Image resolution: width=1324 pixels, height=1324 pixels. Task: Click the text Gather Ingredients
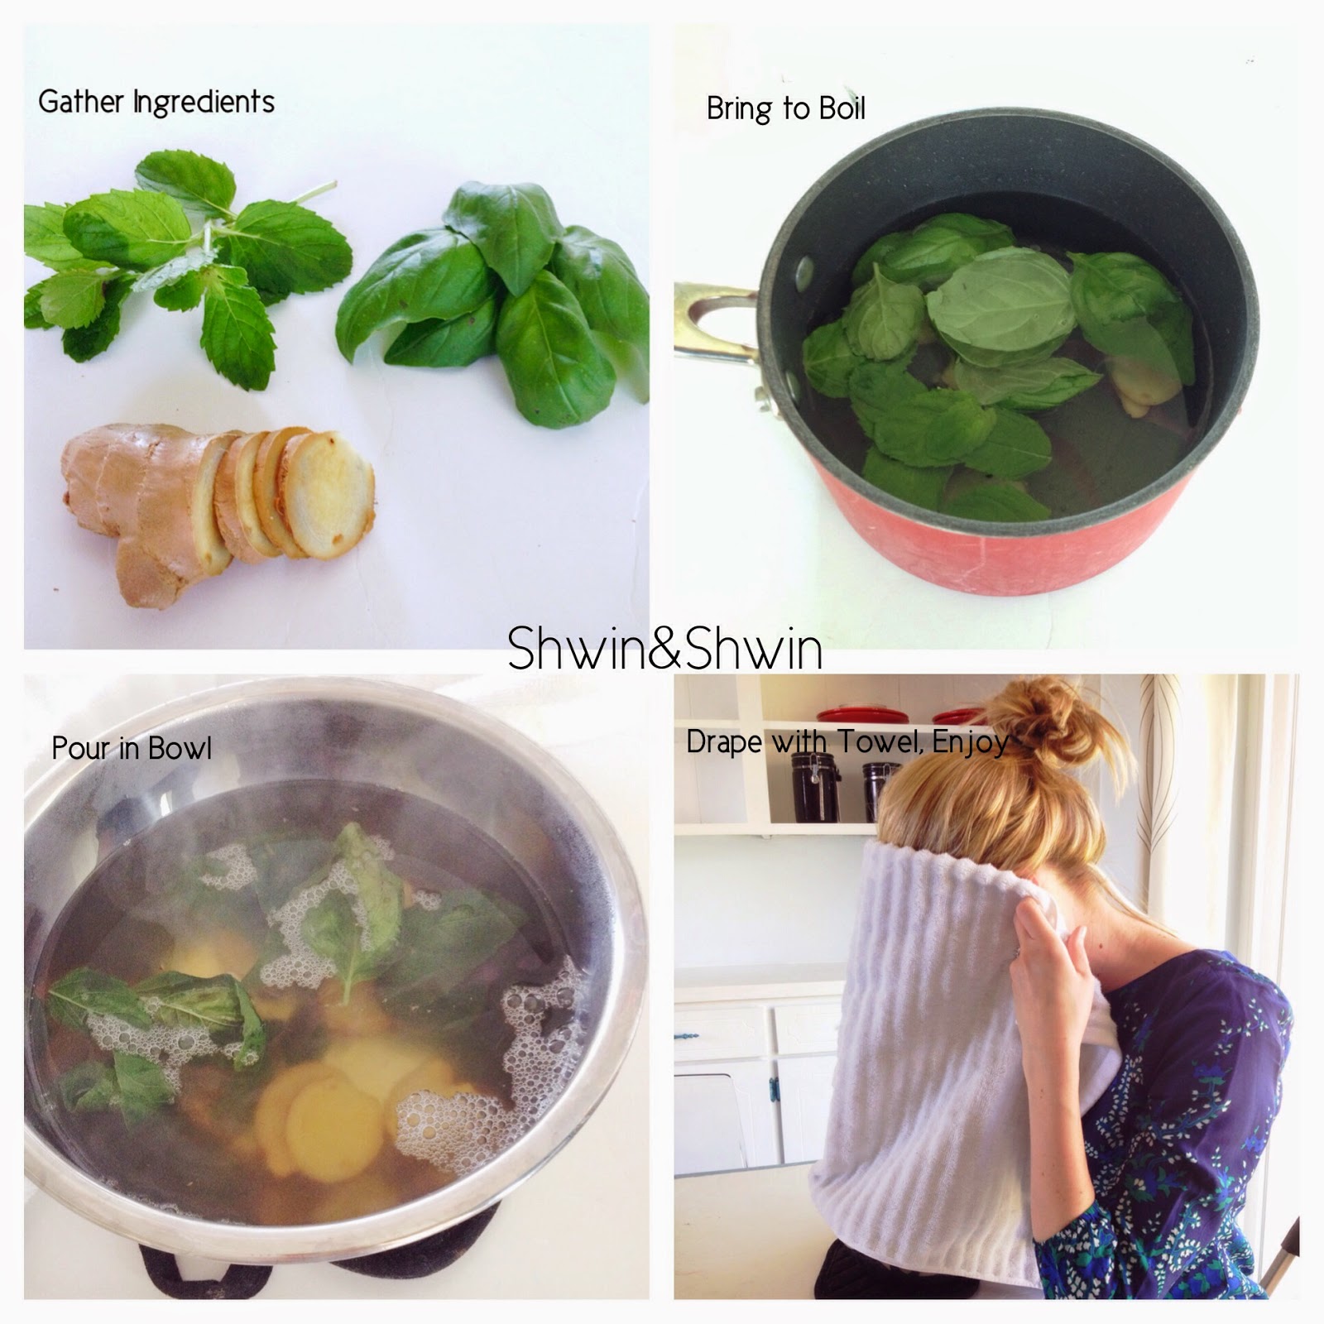click(156, 103)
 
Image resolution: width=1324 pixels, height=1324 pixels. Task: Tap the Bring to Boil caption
click(785, 108)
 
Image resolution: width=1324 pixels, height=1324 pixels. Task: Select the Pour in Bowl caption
click(132, 748)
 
